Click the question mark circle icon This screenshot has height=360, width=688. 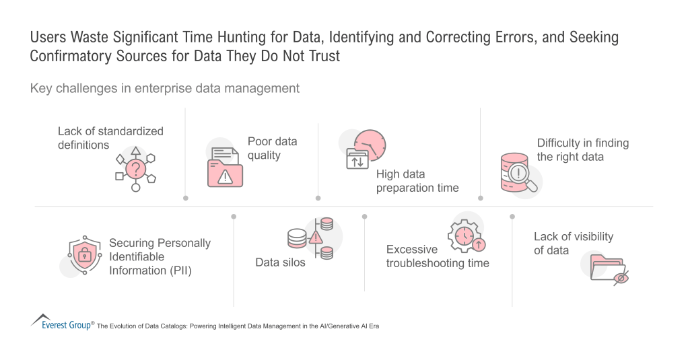point(136,168)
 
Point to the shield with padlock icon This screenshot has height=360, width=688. point(85,256)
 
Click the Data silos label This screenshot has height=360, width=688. point(280,262)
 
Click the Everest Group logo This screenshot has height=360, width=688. point(62,322)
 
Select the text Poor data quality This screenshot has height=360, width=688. point(272,148)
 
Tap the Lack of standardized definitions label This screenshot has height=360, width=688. point(110,137)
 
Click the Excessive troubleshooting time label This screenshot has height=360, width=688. point(438,256)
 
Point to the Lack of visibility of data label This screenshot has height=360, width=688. point(574,243)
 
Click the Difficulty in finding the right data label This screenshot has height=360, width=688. point(582,149)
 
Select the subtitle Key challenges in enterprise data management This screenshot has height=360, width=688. point(164,88)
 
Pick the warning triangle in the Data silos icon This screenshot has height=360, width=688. point(316,237)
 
